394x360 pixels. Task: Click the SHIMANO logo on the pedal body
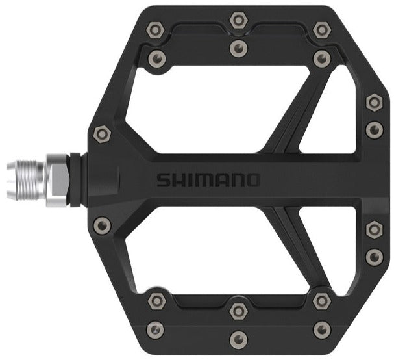tap(208, 179)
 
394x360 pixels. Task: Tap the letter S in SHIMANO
tap(163, 179)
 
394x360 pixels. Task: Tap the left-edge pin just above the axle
tap(102, 135)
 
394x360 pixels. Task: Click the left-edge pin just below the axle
tap(102, 225)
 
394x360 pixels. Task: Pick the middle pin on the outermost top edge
tap(239, 21)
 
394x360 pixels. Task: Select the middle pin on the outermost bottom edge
tap(239, 339)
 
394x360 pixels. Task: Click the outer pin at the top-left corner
tap(155, 29)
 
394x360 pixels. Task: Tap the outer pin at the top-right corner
tap(321, 29)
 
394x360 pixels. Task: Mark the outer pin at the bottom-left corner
tap(155, 329)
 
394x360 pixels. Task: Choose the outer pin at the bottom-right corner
tap(321, 329)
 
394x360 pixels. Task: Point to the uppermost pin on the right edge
tap(374, 102)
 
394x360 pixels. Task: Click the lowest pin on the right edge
tap(374, 256)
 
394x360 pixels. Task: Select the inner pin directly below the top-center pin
tap(239, 48)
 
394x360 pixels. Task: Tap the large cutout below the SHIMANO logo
tap(208, 250)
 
